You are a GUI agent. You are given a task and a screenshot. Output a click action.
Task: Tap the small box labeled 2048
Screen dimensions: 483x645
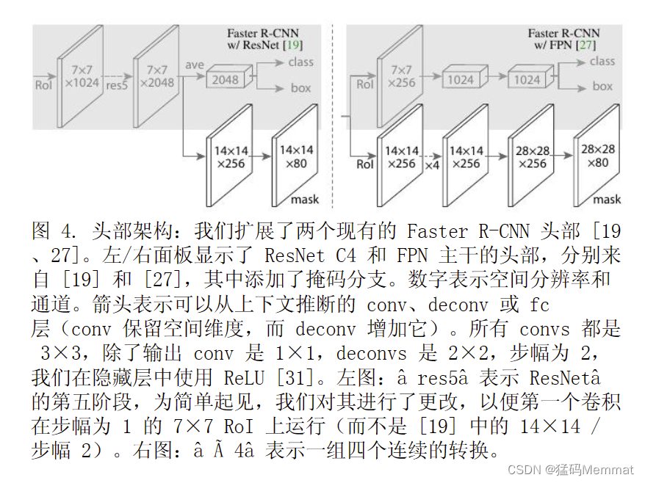coord(226,80)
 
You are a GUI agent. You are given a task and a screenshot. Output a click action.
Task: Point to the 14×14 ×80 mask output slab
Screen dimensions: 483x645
coord(296,158)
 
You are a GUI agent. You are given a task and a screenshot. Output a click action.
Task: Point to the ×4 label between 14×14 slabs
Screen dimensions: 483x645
coord(432,165)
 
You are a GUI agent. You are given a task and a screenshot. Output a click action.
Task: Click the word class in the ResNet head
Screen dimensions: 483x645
coord(300,62)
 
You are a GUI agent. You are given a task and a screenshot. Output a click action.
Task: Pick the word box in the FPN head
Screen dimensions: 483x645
coord(602,87)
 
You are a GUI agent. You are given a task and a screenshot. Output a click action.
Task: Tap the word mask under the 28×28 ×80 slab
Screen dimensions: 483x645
coord(607,199)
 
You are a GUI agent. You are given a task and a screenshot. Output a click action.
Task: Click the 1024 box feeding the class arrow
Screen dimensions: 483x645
coord(527,80)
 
